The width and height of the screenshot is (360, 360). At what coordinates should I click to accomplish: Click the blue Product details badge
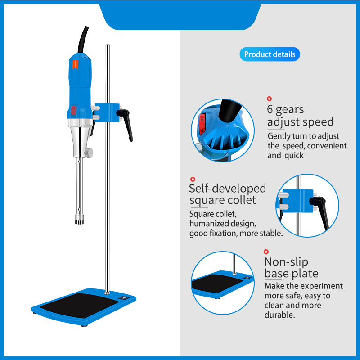tap(270, 54)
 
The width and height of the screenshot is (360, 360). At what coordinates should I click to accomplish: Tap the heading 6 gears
tap(285, 109)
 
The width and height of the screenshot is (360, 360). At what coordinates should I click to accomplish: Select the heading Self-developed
tap(228, 188)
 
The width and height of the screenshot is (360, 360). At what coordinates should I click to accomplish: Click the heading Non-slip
tap(286, 261)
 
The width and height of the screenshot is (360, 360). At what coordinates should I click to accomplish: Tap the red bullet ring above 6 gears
tap(270, 98)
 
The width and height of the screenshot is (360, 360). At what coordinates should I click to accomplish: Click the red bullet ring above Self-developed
tap(193, 179)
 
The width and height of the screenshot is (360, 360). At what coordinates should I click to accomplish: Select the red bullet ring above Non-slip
tap(266, 252)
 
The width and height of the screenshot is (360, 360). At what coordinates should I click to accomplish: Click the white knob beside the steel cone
tap(90, 153)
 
